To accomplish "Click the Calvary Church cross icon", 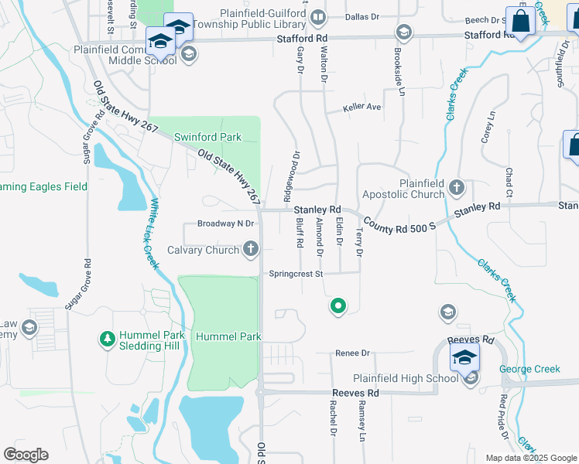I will [x=250, y=249].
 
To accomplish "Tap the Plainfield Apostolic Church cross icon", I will [x=457, y=187].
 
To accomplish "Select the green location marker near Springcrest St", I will [x=337, y=307].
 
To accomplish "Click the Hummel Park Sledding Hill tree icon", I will [x=107, y=339].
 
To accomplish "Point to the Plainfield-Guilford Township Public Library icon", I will [x=317, y=17].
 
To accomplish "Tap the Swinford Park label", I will [x=207, y=137].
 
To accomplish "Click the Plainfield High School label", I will [x=406, y=378].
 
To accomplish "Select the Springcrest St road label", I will [x=296, y=274].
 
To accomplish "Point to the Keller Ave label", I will [x=364, y=107].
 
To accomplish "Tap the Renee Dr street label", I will [x=353, y=353].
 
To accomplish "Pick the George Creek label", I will [x=529, y=370].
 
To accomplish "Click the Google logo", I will [x=26, y=455].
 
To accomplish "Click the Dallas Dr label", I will [x=363, y=16].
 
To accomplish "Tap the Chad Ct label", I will [x=509, y=182].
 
